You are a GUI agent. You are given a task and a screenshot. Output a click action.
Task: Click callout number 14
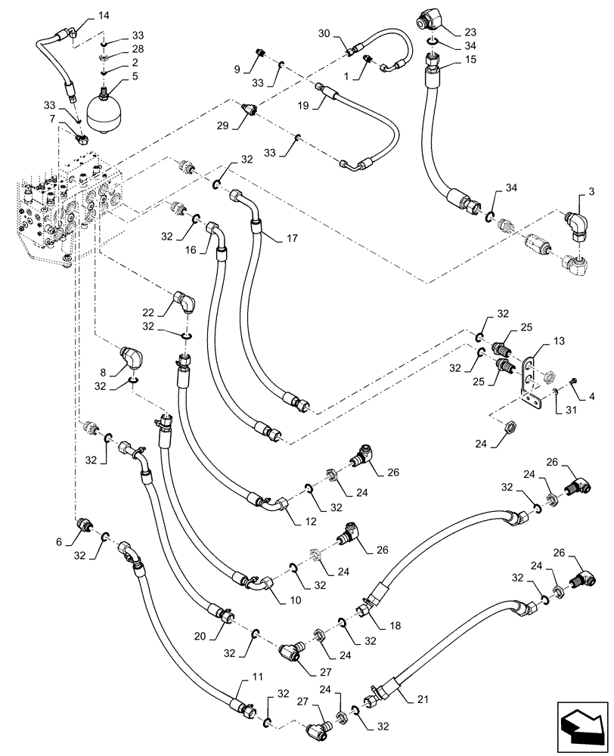pyautogui.click(x=104, y=15)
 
